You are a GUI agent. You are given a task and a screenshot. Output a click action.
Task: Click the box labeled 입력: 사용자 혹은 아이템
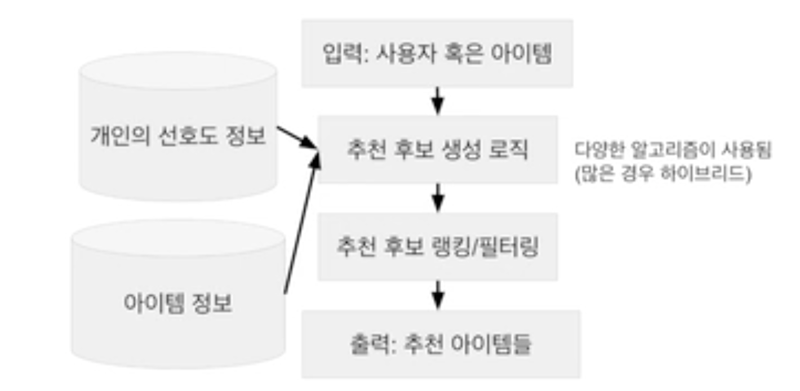(x=437, y=54)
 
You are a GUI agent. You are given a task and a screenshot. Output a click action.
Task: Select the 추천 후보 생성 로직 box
(x=437, y=149)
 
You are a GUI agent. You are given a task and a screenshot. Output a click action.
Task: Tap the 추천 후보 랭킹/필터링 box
(x=437, y=247)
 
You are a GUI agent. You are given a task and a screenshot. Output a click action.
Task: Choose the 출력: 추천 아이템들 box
(x=440, y=344)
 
